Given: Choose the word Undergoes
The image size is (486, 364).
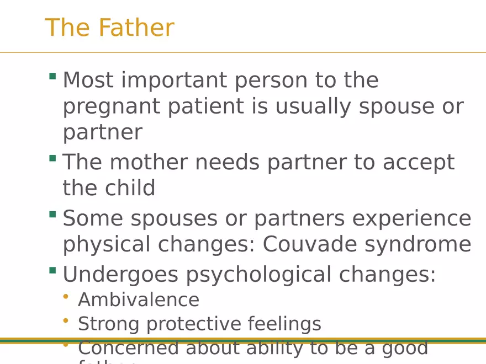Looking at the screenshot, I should pos(120,275).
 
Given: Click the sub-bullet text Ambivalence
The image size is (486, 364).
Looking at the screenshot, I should pos(139,300).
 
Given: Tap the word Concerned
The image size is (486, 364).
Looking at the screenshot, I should pos(128,348).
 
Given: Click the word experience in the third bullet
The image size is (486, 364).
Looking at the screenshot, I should pos(412,219).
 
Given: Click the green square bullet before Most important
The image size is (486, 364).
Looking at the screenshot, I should pos(52,76).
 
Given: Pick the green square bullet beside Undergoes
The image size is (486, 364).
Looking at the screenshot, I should pos(52,270).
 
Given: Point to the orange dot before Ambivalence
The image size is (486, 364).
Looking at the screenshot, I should pos(66,297).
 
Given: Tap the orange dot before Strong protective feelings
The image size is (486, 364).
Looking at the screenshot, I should pos(66,320).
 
